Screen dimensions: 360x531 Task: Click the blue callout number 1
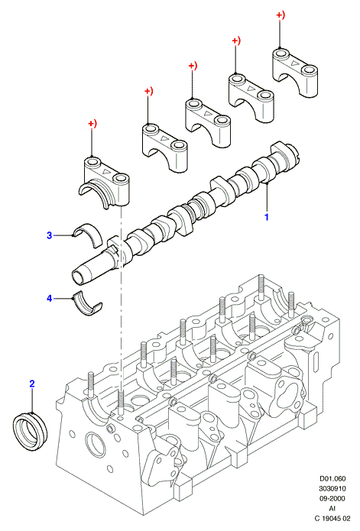point(267,217)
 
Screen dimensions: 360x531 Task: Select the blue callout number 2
point(32,384)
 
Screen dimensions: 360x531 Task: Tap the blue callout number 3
point(50,235)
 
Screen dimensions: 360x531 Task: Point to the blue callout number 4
point(50,298)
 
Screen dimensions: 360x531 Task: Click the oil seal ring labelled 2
point(31,430)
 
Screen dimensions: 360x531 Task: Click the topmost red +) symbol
point(281,15)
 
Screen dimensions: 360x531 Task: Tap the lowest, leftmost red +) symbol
point(92,124)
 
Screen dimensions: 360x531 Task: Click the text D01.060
point(333,478)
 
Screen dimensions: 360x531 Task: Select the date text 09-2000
point(332,498)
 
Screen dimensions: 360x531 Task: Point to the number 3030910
point(332,488)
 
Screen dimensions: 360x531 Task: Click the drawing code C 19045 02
point(332,518)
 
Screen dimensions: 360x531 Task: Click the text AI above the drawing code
point(332,508)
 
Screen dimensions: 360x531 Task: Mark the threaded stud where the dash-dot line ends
point(121,403)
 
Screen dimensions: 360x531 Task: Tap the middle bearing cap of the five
point(208,122)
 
